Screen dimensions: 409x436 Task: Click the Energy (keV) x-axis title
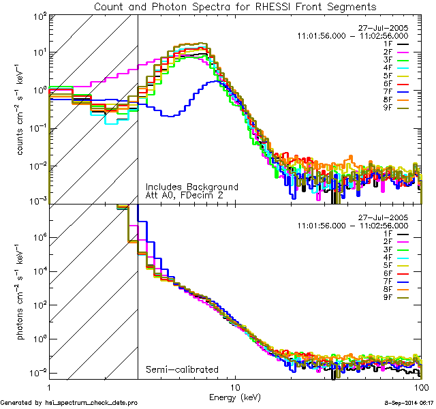(x=236, y=397)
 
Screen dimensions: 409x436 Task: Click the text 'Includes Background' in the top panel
(x=191, y=187)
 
